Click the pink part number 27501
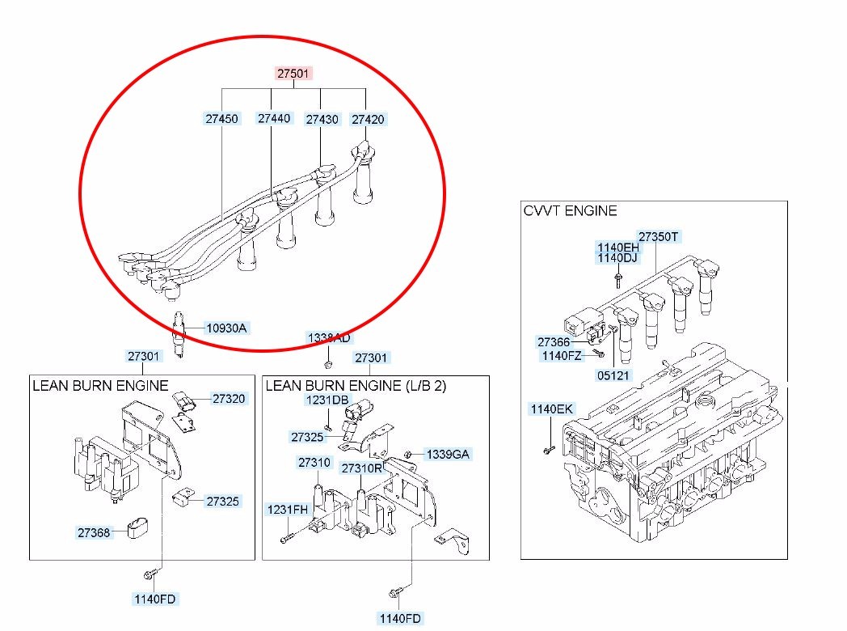click(293, 74)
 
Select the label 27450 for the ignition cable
click(221, 119)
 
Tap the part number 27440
click(274, 118)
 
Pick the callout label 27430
click(322, 119)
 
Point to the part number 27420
click(368, 119)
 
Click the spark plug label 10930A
click(226, 328)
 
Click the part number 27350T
click(659, 237)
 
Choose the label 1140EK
click(551, 409)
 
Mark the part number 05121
click(613, 376)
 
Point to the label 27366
click(554, 342)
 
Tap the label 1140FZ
click(561, 356)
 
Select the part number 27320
click(229, 399)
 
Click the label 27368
click(94, 532)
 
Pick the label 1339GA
click(447, 455)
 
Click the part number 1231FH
click(288, 509)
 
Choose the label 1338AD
click(328, 337)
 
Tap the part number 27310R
click(361, 468)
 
